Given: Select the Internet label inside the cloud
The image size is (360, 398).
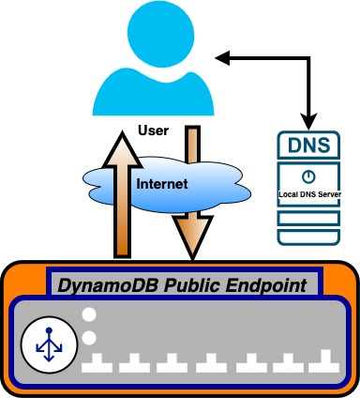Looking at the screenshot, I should pyautogui.click(x=162, y=185).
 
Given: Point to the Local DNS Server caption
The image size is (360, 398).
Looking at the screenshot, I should pyautogui.click(x=307, y=193).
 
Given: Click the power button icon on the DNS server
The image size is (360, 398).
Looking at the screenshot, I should pyautogui.click(x=307, y=176).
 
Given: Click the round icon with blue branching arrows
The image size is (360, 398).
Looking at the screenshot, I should pyautogui.click(x=46, y=344).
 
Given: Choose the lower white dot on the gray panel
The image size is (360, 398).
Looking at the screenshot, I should pyautogui.click(x=90, y=337).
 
